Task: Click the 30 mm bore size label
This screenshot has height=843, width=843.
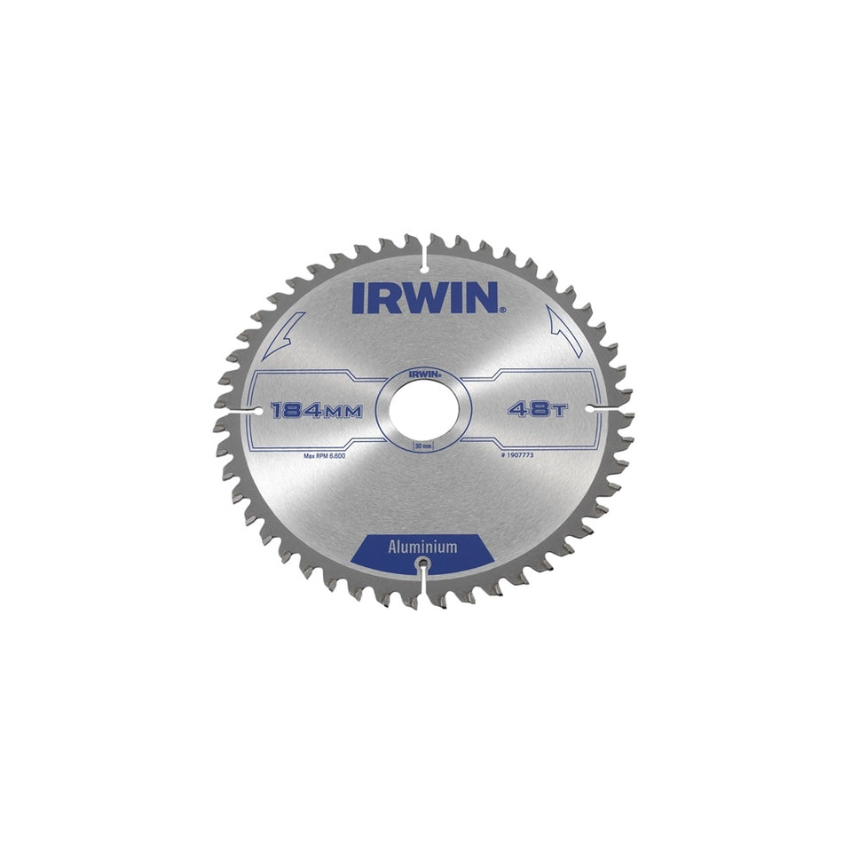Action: [x=421, y=445]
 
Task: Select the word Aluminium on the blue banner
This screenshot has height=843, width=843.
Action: [x=421, y=548]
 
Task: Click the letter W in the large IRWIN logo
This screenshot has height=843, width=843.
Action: [x=425, y=298]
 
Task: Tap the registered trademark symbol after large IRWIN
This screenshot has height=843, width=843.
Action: [x=503, y=311]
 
